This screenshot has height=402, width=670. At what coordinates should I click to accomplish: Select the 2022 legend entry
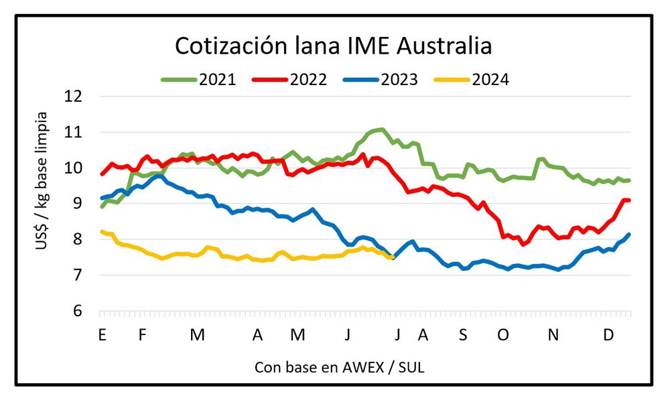(x=289, y=80)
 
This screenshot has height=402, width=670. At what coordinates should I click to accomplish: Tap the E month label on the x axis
(x=102, y=335)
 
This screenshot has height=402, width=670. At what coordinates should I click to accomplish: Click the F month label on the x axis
(x=142, y=335)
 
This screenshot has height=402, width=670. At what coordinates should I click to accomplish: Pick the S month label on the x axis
(x=463, y=335)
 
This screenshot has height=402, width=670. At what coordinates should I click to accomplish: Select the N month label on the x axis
(x=553, y=335)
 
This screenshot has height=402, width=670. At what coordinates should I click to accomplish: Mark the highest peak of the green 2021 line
(x=381, y=129)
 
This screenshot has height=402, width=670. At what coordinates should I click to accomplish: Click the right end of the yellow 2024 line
(x=391, y=257)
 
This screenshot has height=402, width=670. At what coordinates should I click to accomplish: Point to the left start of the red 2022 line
(x=101, y=174)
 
